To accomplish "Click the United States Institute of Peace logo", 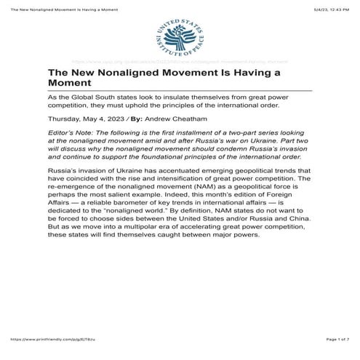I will click(x=180, y=37).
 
